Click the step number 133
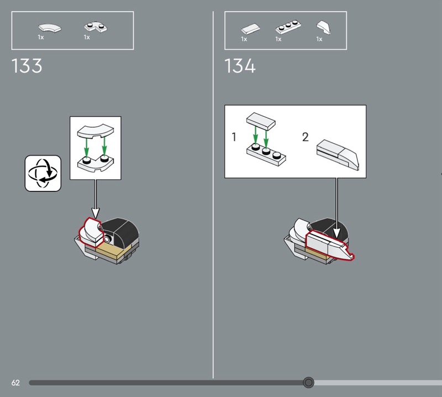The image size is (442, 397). point(27,66)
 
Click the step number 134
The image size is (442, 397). point(240,66)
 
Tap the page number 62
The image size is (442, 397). point(15,383)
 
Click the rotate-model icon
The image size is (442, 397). point(43,173)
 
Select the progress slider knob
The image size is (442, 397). point(308,383)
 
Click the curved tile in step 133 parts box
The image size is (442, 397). point(50,28)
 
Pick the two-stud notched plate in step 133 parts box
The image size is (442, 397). point(96,27)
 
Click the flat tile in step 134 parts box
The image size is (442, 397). point(251,29)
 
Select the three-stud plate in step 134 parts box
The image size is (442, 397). point(288,27)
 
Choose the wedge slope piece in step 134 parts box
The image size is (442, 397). point(324,27)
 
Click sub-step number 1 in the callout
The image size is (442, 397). point(234,137)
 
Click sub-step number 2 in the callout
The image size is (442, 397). point(306,137)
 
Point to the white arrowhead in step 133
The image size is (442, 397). point(96,213)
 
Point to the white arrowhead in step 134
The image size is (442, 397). point(336,234)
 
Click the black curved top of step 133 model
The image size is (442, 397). point(121,231)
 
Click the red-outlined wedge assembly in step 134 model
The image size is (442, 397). point(328,245)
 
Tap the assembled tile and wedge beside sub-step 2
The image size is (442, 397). point(338,155)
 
